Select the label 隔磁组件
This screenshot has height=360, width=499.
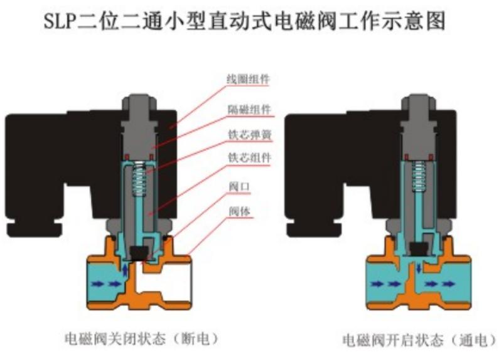coord(248,108)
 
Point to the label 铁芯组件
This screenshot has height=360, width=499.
coord(248,159)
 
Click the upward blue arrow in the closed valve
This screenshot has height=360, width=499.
coord(126,270)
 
